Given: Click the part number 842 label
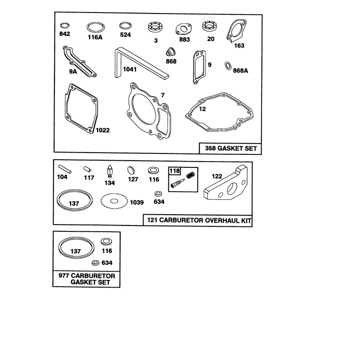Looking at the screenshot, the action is pyautogui.click(x=64, y=34).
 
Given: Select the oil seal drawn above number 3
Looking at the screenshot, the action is pyautogui.click(x=156, y=27).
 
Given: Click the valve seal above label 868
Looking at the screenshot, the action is pyautogui.click(x=171, y=52).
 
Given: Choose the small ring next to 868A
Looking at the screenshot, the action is pyautogui.click(x=228, y=66).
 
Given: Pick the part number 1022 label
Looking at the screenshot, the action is pyautogui.click(x=103, y=130).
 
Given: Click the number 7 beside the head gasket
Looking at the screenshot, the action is pyautogui.click(x=163, y=95).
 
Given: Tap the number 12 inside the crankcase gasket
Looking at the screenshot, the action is pyautogui.click(x=202, y=109).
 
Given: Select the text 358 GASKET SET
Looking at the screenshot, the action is pyautogui.click(x=231, y=148).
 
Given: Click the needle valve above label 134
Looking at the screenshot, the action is pyautogui.click(x=110, y=171).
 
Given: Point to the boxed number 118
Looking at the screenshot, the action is pyautogui.click(x=175, y=171).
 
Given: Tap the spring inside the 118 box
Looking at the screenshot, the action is pyautogui.click(x=190, y=175).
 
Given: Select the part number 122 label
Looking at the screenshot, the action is pyautogui.click(x=217, y=176).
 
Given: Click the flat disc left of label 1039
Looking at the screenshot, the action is pyautogui.click(x=114, y=201).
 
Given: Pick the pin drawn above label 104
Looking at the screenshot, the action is pyautogui.click(x=65, y=169).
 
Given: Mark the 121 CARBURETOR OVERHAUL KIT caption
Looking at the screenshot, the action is pyautogui.click(x=199, y=220).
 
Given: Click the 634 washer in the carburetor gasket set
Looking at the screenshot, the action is pyautogui.click(x=95, y=263).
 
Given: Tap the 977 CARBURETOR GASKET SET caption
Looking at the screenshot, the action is pyautogui.click(x=87, y=279).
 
